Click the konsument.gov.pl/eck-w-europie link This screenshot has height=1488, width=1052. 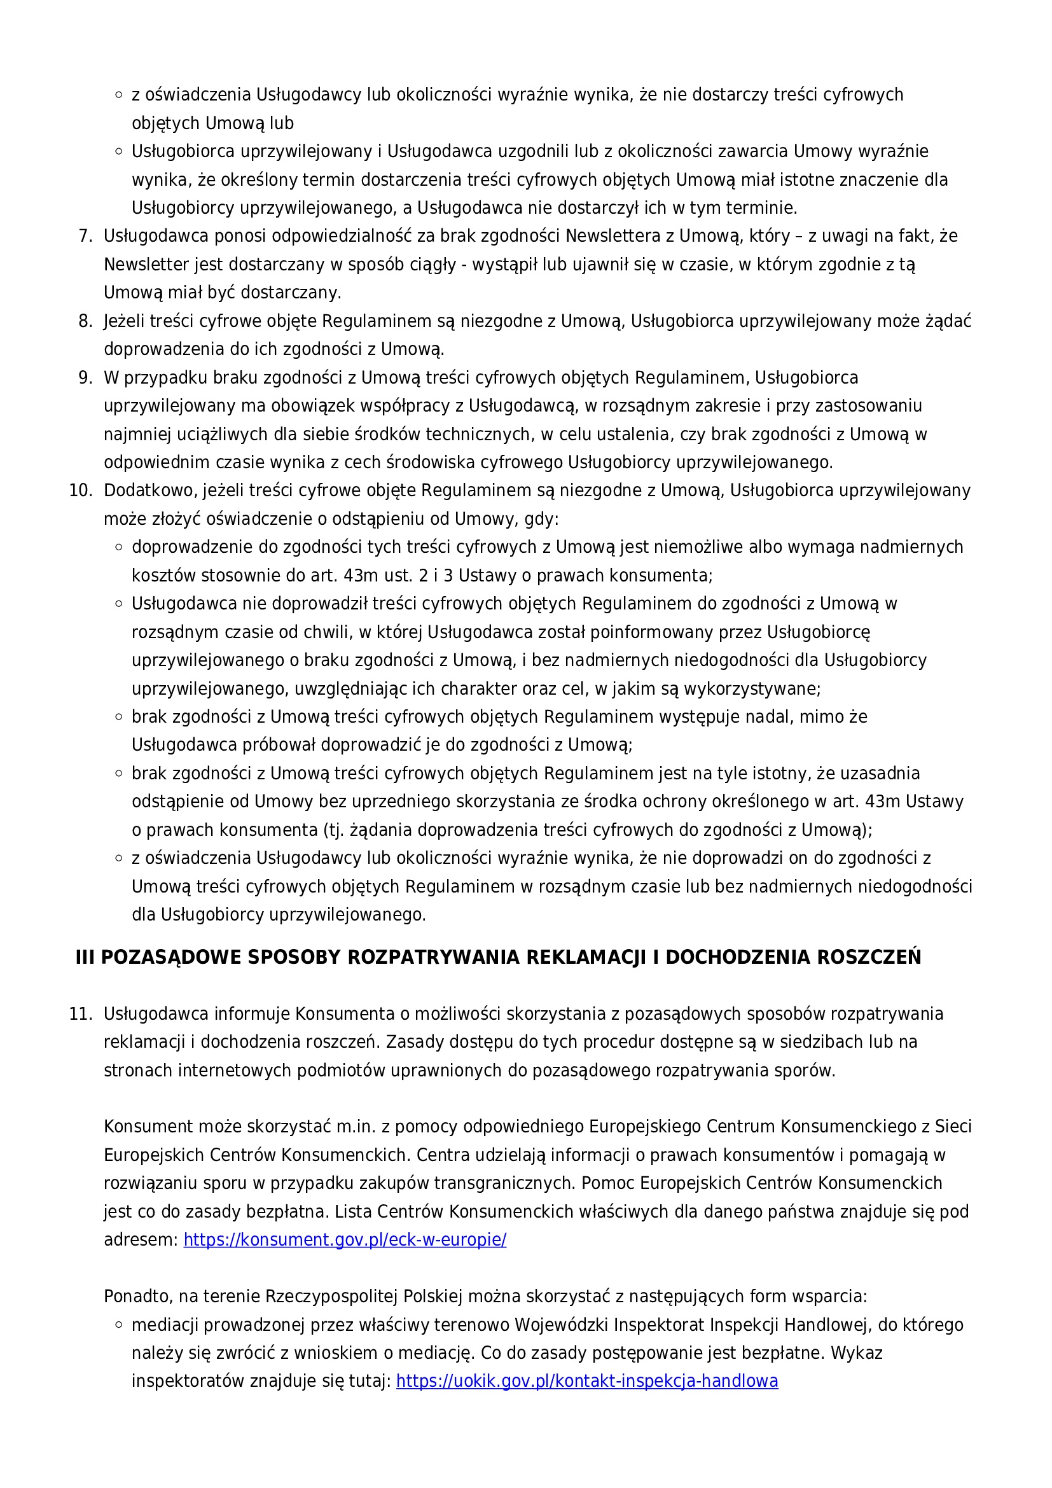[x=345, y=1240]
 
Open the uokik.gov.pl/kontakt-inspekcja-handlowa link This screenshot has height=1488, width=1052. [x=586, y=1381]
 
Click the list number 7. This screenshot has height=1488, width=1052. [x=85, y=236]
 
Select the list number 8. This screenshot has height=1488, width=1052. [x=85, y=321]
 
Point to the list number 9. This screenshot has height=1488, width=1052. [x=85, y=378]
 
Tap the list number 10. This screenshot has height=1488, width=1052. [x=81, y=490]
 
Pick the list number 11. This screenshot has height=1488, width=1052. [x=81, y=1013]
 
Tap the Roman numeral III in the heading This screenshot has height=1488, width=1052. [x=85, y=958]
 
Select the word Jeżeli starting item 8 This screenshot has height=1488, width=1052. [x=125, y=321]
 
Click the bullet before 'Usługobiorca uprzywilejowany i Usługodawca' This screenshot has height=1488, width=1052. [x=118, y=151]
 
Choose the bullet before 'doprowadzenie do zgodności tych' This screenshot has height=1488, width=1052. [x=118, y=548]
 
